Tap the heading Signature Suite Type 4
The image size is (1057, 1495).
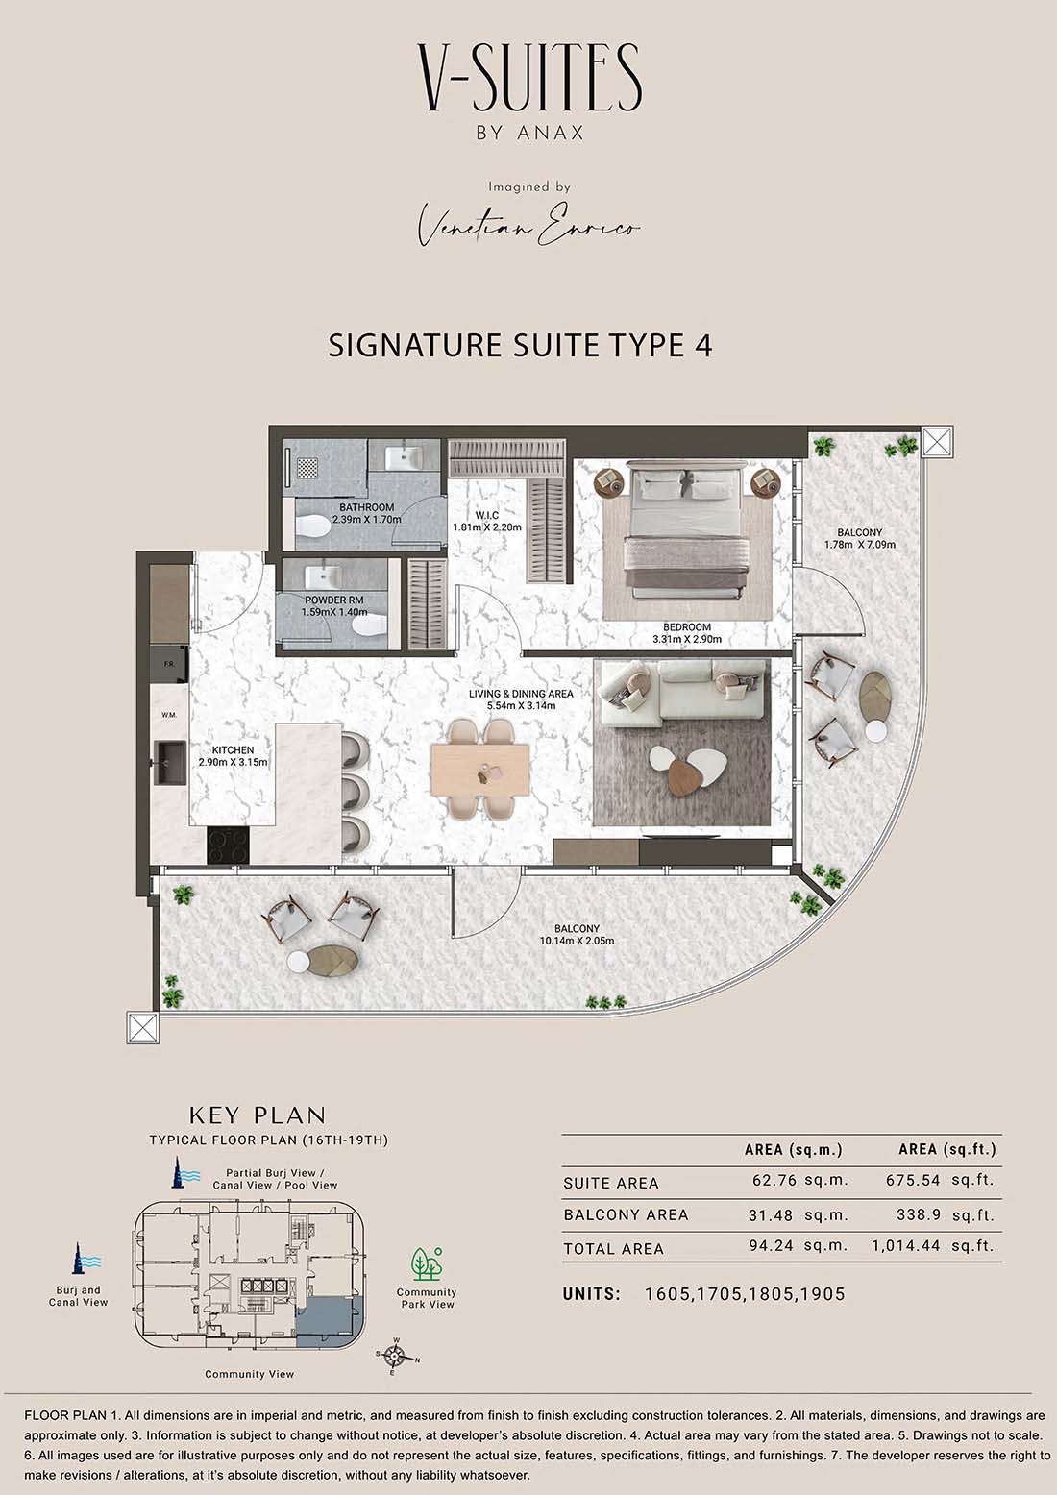pos(521,346)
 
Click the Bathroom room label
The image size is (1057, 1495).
pos(366,507)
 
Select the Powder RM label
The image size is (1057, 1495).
pos(333,600)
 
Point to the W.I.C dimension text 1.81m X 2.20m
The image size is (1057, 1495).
pos(486,527)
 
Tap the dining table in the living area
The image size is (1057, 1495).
pos(480,770)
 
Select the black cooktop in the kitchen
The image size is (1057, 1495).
pos(229,845)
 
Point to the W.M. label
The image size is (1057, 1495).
pos(169,715)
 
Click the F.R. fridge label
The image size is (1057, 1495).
pos(169,664)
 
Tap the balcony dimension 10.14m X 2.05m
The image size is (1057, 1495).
pos(578,941)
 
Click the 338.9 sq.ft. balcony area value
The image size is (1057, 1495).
pos(946,1214)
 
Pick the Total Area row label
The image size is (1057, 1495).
pos(614,1249)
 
